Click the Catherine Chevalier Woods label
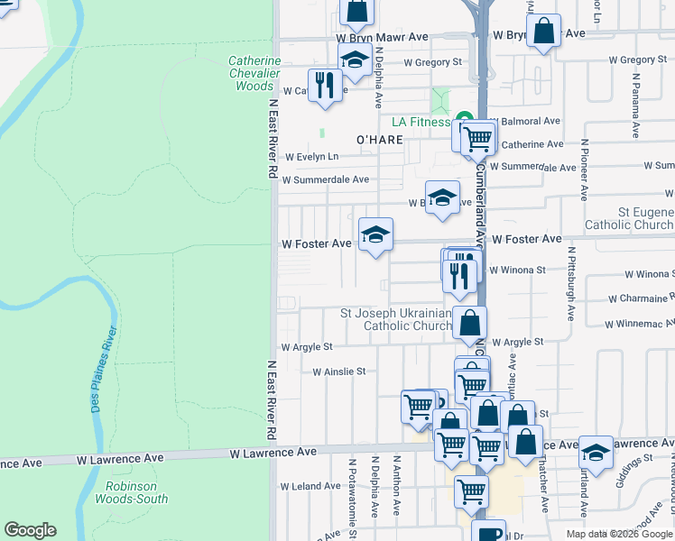coord(254,74)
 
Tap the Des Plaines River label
coord(102,371)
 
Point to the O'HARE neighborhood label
coord(378,140)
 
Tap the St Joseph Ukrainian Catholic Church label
coord(397,319)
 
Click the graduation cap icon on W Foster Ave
coord(375,236)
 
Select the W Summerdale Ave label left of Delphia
coord(325,179)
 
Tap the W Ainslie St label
coord(338,371)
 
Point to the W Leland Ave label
coord(310,486)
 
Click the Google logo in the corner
coord(30,530)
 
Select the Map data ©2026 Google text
coord(619,534)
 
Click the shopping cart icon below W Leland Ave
coord(470,491)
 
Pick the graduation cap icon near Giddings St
coord(595,453)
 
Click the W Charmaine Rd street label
coord(641,298)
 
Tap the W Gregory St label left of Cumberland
coord(432,62)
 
